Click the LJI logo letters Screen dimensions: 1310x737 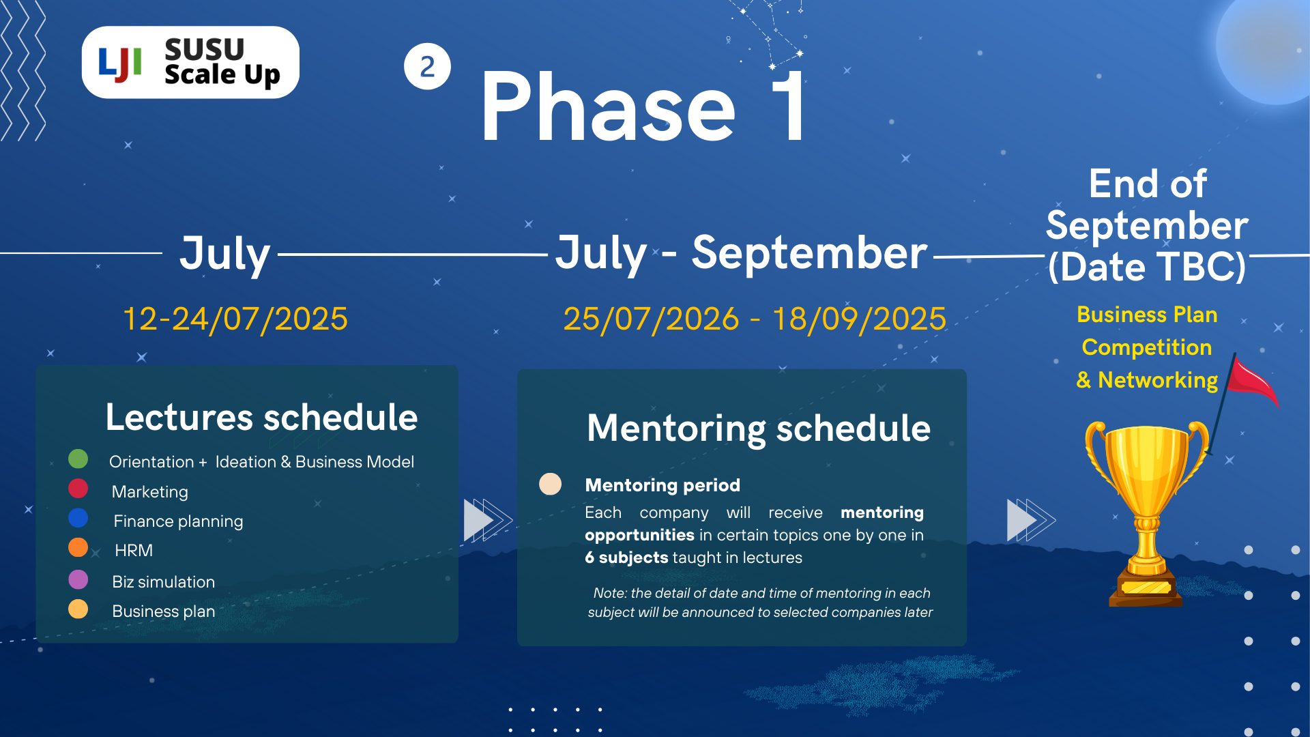(120, 64)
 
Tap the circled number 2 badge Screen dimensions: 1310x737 (427, 66)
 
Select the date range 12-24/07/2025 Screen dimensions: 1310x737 (235, 319)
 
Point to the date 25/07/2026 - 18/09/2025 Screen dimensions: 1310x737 (755, 319)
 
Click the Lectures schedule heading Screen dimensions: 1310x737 (261, 417)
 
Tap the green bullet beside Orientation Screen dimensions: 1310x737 (78, 459)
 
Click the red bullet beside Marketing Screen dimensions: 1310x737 (78, 489)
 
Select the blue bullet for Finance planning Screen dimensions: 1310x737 (78, 518)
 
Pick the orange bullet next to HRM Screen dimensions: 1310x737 (78, 547)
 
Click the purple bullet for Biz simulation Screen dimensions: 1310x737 (78, 579)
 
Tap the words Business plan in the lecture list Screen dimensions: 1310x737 (164, 611)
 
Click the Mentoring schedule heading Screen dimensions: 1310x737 (759, 429)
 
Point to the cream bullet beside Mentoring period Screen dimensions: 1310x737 (551, 484)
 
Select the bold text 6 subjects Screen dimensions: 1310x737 (626, 558)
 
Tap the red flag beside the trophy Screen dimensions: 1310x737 (1253, 382)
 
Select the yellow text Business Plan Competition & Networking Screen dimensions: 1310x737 (1147, 347)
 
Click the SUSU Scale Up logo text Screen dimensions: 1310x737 (222, 63)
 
